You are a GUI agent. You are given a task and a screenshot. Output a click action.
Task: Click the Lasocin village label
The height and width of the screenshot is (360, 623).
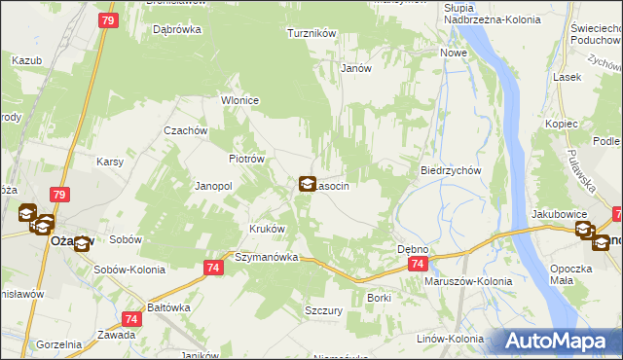tap(333, 185)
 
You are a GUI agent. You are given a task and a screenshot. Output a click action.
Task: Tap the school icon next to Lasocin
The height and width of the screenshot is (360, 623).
tap(307, 184)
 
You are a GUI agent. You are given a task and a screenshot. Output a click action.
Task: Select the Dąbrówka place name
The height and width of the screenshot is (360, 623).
tap(177, 29)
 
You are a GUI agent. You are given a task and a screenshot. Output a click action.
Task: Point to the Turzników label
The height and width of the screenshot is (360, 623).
tap(311, 33)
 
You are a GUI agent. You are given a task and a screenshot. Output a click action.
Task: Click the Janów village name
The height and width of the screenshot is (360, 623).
tap(356, 68)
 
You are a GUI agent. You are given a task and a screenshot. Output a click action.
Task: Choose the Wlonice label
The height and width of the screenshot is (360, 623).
tap(239, 100)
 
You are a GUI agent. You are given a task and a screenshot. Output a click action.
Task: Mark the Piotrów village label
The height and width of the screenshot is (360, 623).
tap(246, 159)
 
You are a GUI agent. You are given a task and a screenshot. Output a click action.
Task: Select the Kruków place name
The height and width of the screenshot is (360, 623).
tap(267, 229)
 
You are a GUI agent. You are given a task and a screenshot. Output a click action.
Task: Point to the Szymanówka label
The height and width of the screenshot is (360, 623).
tap(265, 258)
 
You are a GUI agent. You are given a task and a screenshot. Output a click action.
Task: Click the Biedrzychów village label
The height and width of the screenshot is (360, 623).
tap(452, 169)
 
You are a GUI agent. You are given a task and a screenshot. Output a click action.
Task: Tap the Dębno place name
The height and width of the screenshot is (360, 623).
tap(413, 249)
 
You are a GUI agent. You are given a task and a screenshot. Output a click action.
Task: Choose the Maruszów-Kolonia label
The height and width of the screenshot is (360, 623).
tap(468, 281)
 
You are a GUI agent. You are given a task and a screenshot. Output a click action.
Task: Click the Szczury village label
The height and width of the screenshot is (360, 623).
tap(324, 309)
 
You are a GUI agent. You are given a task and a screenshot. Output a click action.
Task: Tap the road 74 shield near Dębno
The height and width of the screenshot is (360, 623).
tap(418, 265)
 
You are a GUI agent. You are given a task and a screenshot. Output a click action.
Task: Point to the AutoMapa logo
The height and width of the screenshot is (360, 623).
tap(557, 342)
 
